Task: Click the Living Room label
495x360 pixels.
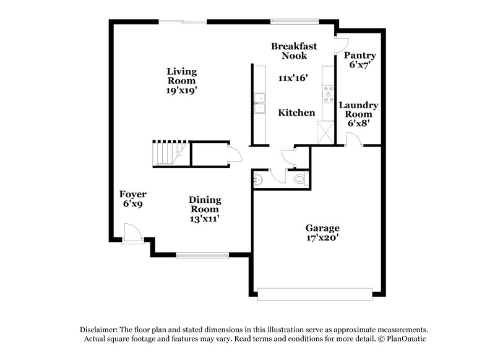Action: click(181, 80)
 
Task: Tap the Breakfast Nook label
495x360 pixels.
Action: click(294, 51)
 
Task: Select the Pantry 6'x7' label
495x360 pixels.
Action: click(359, 60)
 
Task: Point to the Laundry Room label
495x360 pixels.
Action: click(358, 114)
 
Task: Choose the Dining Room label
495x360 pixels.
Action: click(205, 208)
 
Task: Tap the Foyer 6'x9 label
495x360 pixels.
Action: click(133, 199)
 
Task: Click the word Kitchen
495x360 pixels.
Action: click(296, 113)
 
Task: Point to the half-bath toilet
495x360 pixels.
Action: click(300, 179)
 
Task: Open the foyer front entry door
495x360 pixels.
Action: click(131, 234)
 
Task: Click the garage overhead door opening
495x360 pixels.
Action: click(316, 293)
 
